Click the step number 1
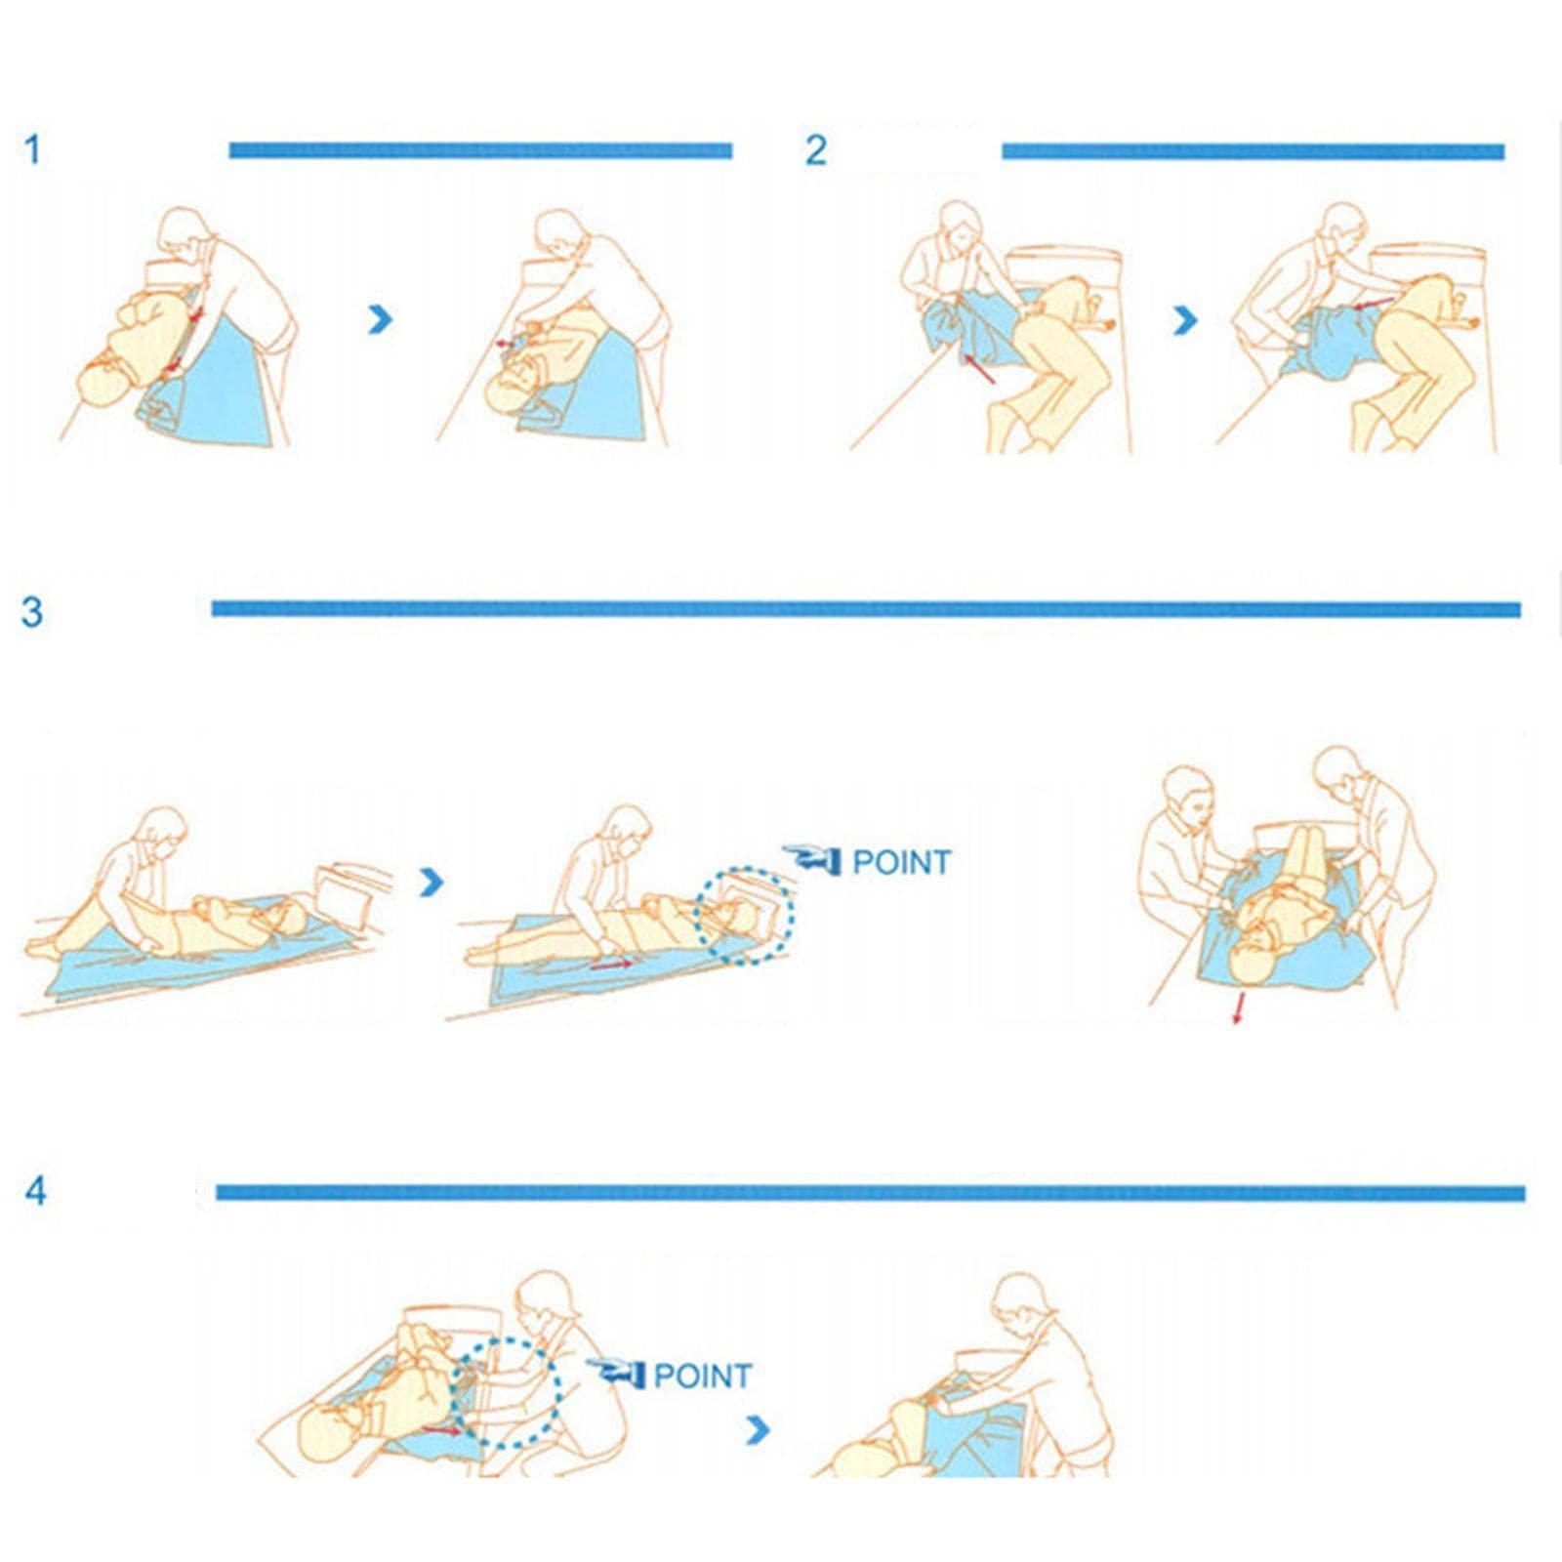(x=33, y=150)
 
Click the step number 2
(x=815, y=150)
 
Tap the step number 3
(x=32, y=612)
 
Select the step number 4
(x=36, y=1191)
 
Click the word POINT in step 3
(x=901, y=862)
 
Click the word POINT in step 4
(x=702, y=1376)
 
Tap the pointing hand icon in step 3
(x=813, y=859)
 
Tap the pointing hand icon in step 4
(x=617, y=1373)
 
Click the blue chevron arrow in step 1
(x=380, y=318)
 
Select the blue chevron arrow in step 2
(x=1184, y=319)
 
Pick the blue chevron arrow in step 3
(x=431, y=882)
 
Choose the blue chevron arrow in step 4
(x=758, y=1430)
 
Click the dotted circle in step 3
(x=744, y=915)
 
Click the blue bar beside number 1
(x=480, y=150)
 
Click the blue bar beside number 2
(x=1253, y=151)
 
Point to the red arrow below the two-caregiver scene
(x=1238, y=1008)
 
